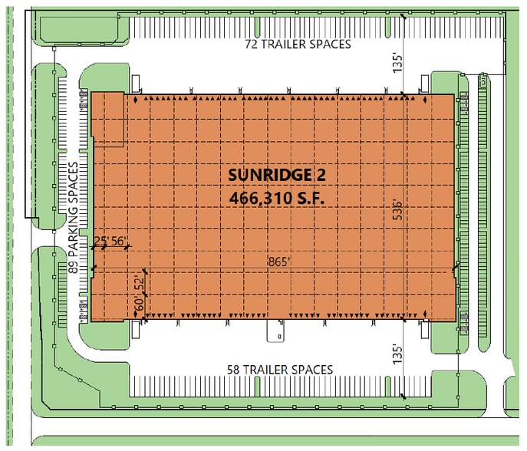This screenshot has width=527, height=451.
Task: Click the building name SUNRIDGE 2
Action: pyautogui.click(x=277, y=175)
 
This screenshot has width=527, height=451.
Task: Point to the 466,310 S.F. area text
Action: pyautogui.click(x=277, y=197)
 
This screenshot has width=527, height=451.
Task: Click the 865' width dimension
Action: pyautogui.click(x=278, y=262)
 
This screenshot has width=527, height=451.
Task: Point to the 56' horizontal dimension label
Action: pyautogui.click(x=120, y=241)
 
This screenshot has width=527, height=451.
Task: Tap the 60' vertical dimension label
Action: pyautogui.click(x=139, y=305)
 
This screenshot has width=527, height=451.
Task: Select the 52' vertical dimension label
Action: pyautogui.click(x=139, y=283)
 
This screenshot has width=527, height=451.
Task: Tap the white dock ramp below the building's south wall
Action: pyautogui.click(x=275, y=331)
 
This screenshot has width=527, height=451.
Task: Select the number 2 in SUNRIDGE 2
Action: pyautogui.click(x=321, y=175)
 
